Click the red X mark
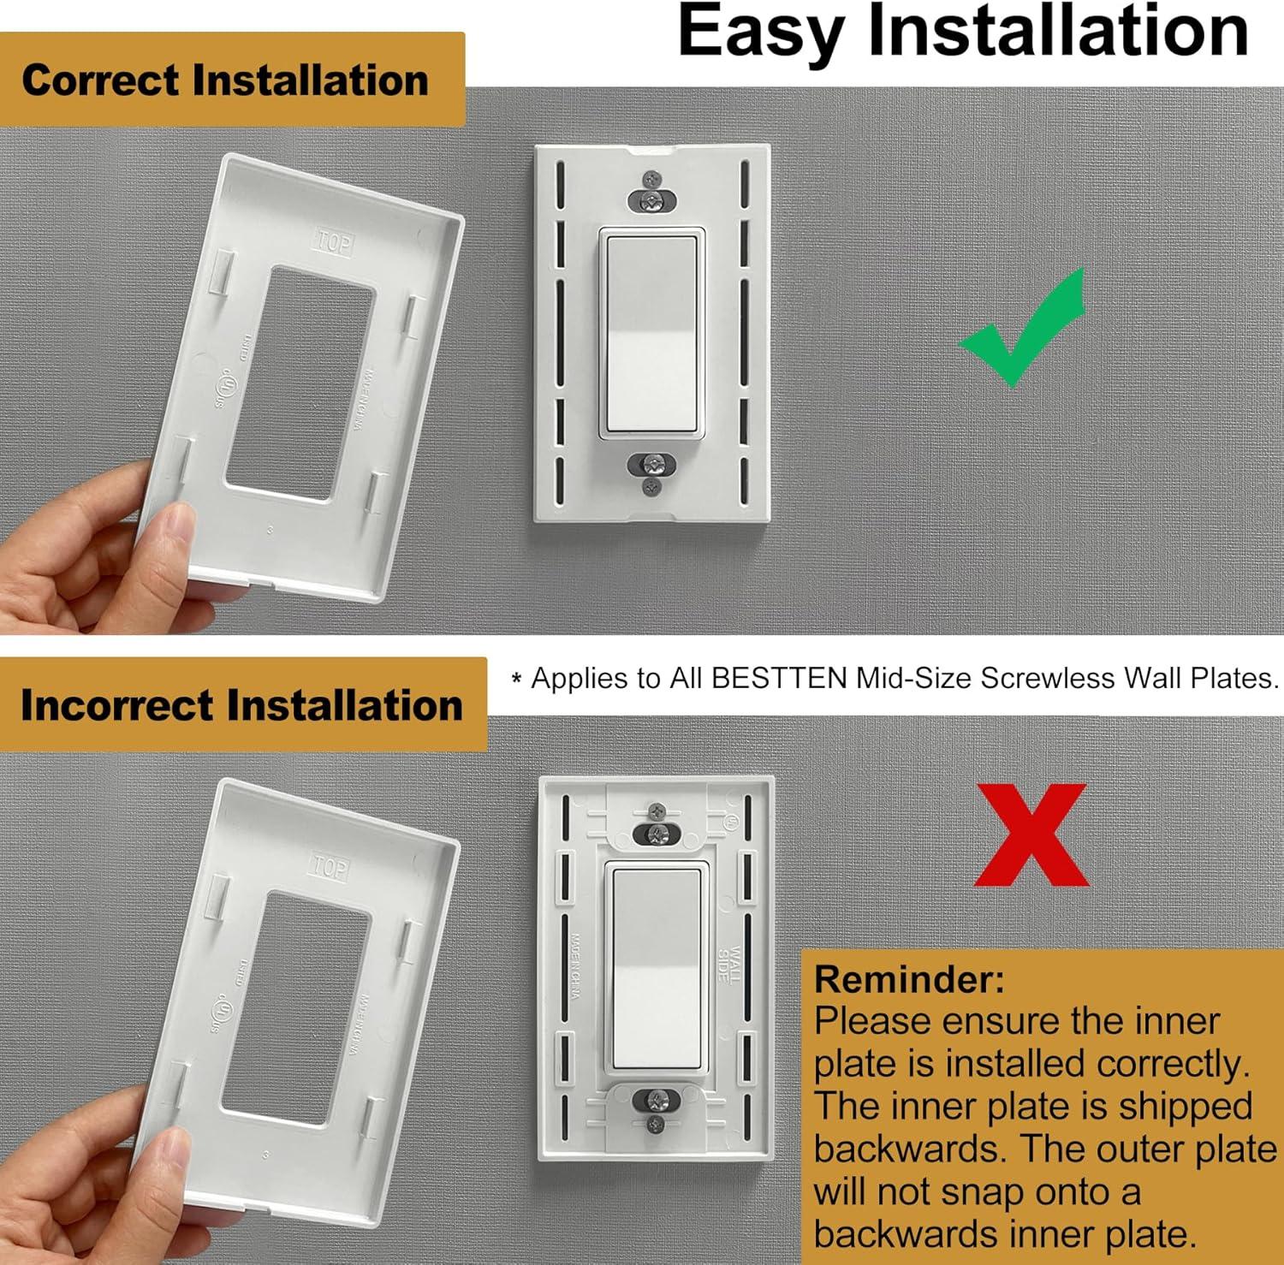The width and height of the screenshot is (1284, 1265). tap(1031, 835)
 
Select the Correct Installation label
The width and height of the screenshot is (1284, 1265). tap(225, 80)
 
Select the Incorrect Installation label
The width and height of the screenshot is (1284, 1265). tap(241, 705)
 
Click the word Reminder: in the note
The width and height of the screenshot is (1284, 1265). tap(909, 979)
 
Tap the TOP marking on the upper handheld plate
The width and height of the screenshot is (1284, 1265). tap(334, 242)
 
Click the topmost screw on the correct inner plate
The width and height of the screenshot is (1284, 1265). tap(652, 180)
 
